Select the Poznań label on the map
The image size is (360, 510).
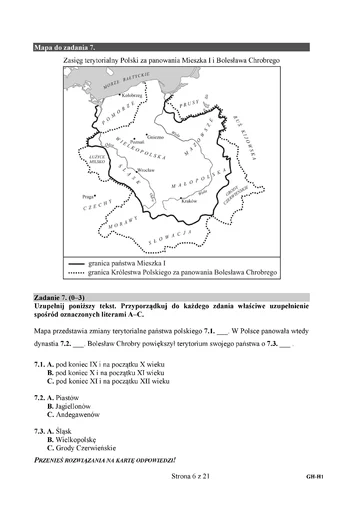click(x=139, y=145)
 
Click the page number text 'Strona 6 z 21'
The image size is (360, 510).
click(x=181, y=492)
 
